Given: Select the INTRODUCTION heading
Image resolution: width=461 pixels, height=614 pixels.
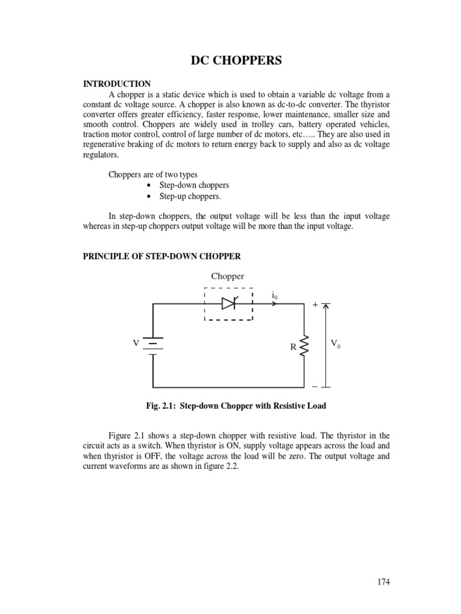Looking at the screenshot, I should click(116, 84).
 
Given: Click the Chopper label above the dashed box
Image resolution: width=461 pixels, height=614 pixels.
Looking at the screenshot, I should click(227, 276).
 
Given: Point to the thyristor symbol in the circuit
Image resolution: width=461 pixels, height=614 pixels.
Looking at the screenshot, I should click(229, 304).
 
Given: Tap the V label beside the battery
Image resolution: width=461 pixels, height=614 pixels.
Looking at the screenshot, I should click(136, 343).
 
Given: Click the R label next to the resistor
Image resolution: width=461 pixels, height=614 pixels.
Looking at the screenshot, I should click(294, 347).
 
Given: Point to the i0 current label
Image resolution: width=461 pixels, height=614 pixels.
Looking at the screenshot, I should click(274, 295).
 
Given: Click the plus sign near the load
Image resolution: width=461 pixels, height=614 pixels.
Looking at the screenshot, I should click(315, 305).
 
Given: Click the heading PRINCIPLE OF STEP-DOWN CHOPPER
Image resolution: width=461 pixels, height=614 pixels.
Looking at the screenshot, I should click(161, 256).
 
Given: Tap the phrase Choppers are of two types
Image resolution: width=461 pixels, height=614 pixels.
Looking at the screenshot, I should click(153, 174).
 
